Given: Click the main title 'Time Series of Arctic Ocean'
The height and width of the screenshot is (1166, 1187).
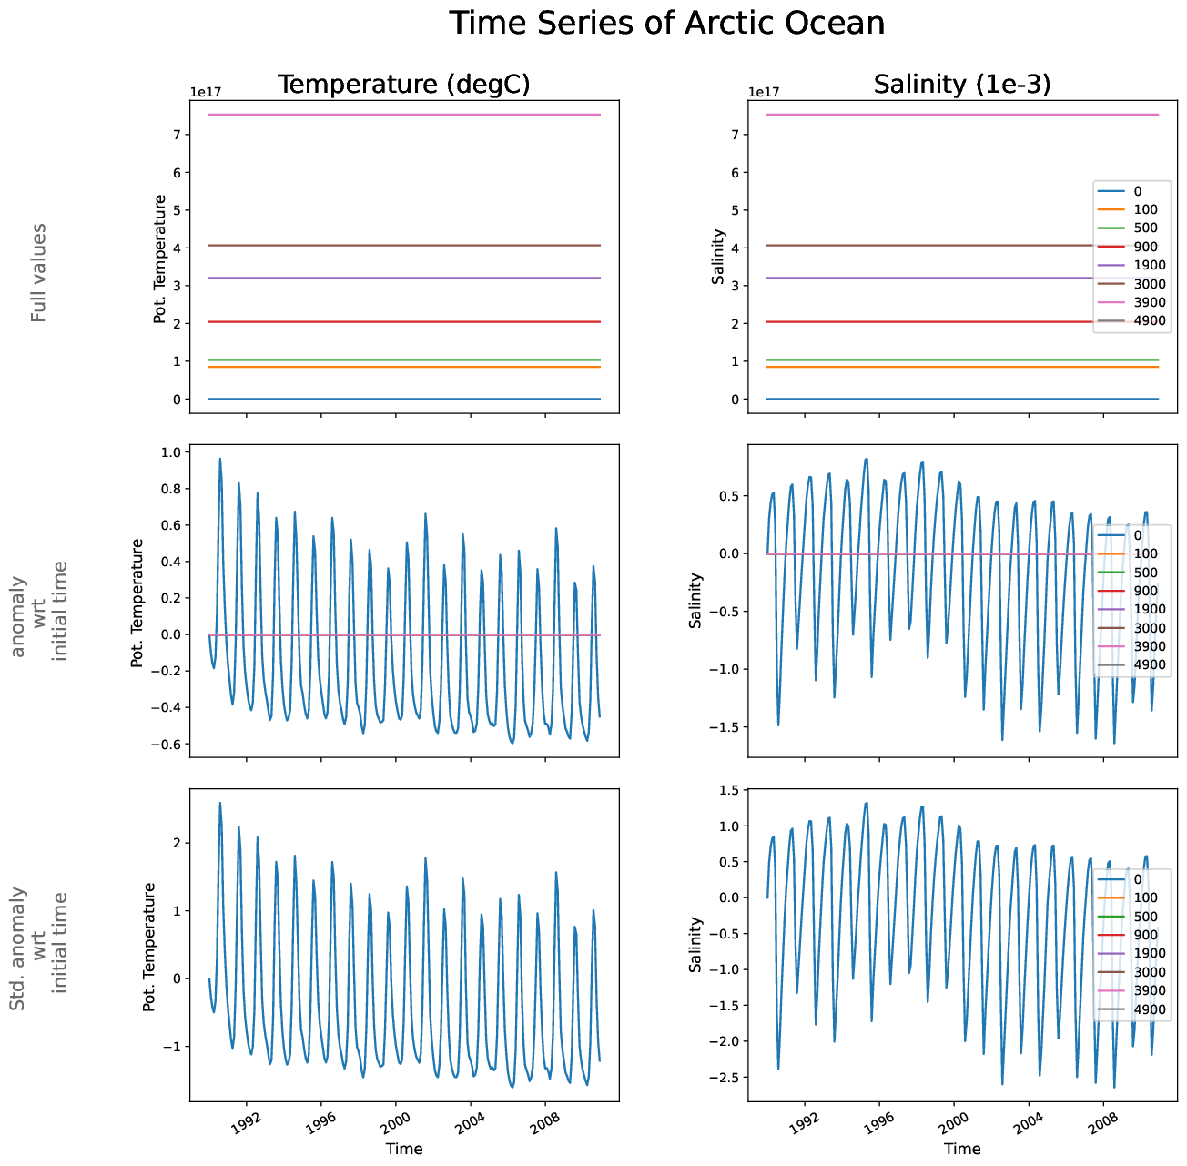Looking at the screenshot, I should click(666, 23).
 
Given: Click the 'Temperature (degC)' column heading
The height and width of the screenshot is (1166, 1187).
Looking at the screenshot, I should click(403, 84).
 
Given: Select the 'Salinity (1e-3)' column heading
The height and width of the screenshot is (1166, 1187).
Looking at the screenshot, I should click(962, 84).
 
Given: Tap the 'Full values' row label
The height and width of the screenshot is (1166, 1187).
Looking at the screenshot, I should click(38, 272).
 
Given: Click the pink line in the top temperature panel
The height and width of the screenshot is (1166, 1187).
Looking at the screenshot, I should click(404, 115).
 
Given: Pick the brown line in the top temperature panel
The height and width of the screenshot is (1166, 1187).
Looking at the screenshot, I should click(404, 245).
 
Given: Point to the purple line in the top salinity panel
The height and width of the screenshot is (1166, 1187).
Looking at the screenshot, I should click(910, 278).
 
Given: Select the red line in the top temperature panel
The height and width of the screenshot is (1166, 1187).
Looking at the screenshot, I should click(404, 321).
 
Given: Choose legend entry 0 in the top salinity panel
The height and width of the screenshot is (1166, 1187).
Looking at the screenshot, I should click(1138, 191).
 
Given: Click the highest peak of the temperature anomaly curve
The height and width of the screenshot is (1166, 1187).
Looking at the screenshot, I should click(219, 460).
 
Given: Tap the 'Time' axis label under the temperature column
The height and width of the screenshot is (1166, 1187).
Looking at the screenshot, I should click(404, 1149).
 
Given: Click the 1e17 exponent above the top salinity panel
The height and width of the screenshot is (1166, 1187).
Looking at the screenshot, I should click(764, 92).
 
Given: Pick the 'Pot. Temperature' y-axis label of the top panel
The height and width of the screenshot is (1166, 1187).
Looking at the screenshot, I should click(160, 259).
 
